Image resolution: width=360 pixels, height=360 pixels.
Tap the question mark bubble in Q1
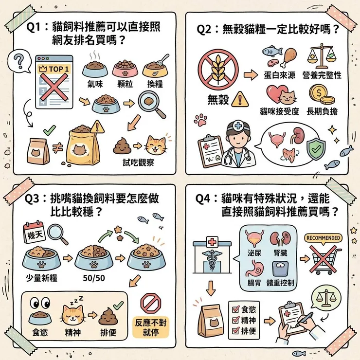click(19, 62)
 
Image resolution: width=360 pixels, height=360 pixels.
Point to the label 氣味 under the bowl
click(94, 83)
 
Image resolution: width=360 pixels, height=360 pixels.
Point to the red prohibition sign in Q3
click(150, 303)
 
